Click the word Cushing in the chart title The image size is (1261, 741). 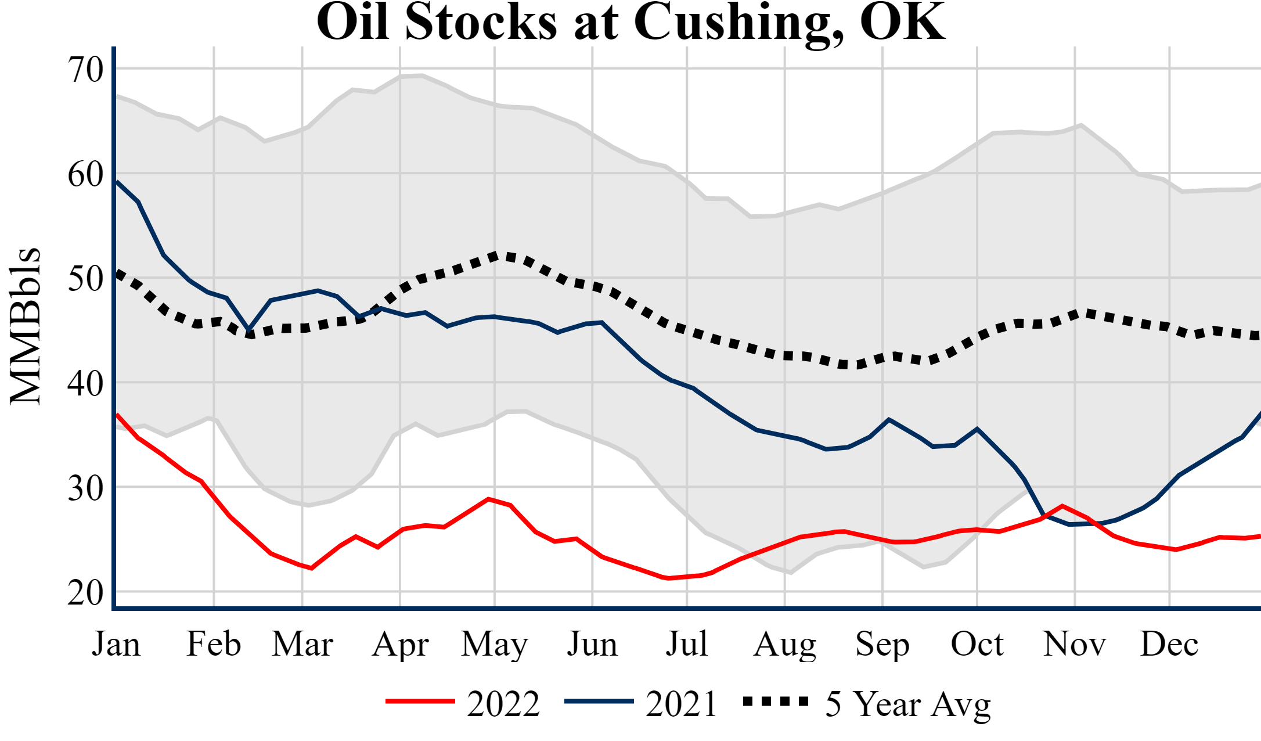pyautogui.click(x=737, y=23)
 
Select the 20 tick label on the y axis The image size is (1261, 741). pyautogui.click(x=86, y=593)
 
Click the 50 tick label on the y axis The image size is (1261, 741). pyautogui.click(x=86, y=279)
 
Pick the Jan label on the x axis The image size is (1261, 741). pyautogui.click(x=116, y=644)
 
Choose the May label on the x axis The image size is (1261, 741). pyautogui.click(x=495, y=644)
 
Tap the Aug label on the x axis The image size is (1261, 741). pyautogui.click(x=785, y=644)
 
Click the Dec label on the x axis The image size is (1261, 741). pyautogui.click(x=1169, y=644)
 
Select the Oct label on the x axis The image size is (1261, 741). pyautogui.click(x=977, y=644)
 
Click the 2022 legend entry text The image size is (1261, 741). pyautogui.click(x=503, y=704)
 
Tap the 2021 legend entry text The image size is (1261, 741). pyautogui.click(x=682, y=704)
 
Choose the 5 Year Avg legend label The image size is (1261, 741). pyautogui.click(x=908, y=704)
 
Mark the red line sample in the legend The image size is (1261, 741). pyautogui.click(x=420, y=702)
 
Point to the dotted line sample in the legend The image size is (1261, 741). pyautogui.click(x=776, y=702)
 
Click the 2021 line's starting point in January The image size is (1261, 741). pyautogui.click(x=117, y=182)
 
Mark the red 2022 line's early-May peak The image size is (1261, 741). pyautogui.click(x=489, y=499)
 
